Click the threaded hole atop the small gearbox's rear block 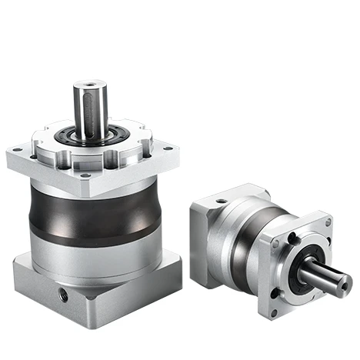click(x=221, y=202)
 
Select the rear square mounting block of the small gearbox click(x=208, y=238)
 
